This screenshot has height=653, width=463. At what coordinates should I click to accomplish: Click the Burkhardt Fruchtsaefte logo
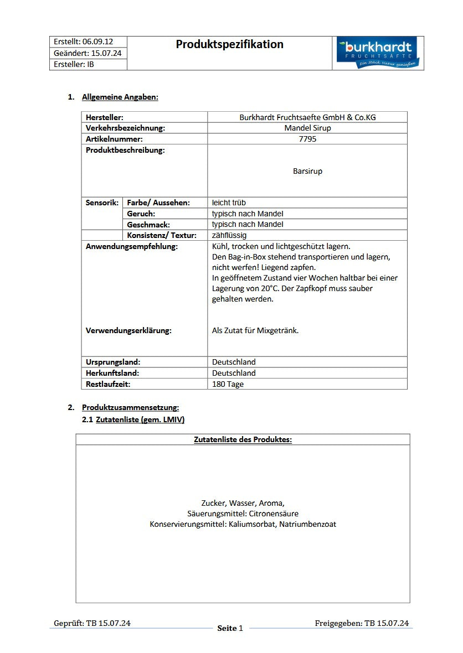point(378,53)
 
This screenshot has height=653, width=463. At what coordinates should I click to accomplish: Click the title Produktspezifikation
point(229,44)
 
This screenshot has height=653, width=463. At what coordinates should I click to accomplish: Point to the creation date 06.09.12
point(98,42)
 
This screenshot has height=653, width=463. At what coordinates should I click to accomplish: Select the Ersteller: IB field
point(74,64)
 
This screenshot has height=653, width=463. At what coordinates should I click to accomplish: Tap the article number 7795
point(307,139)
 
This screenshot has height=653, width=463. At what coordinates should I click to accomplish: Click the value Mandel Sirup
point(307,128)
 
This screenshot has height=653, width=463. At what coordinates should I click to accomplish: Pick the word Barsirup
point(307,171)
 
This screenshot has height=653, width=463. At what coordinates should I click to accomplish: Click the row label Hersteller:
point(105,117)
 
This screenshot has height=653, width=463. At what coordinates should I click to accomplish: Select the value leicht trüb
point(229,203)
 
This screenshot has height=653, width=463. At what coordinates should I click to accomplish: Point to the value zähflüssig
point(229,235)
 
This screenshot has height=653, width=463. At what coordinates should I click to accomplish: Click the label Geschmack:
point(148,225)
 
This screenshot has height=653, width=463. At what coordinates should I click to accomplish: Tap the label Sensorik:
point(102,203)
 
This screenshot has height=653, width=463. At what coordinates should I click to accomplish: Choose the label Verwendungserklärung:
point(128,330)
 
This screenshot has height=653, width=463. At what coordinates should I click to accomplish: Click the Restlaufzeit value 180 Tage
point(228,384)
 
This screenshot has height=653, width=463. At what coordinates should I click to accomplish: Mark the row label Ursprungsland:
point(112,362)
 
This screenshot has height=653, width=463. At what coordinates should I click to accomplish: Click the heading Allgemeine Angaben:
point(120,97)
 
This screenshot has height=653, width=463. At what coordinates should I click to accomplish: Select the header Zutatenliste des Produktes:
point(243,439)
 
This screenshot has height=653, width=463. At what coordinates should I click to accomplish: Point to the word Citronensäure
point(274,514)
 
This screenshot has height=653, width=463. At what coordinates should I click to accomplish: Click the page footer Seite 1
point(230,628)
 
